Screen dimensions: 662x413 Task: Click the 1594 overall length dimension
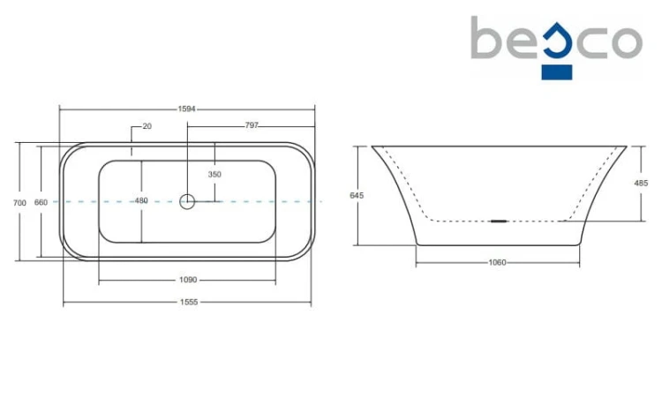186,109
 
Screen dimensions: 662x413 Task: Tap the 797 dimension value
252,125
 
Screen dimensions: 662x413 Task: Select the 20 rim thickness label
147,126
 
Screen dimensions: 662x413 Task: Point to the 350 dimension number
214,174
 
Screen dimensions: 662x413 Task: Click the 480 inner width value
141,200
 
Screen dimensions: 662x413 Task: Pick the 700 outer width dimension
19,203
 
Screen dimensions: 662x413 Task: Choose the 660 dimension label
41,202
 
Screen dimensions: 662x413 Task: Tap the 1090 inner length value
188,280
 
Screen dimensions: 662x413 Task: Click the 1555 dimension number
189,302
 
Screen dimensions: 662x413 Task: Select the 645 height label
357,195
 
